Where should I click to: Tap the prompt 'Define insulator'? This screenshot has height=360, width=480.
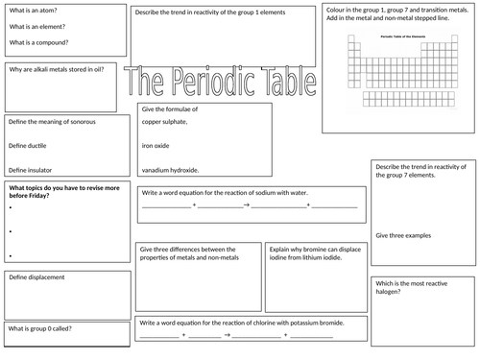[x=32, y=168]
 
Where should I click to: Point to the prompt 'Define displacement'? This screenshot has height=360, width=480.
[x=36, y=276]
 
